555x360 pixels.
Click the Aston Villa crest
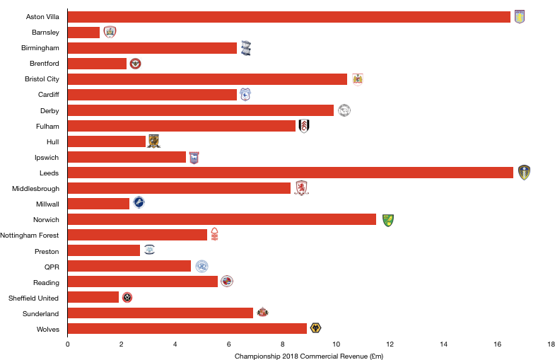point(520,17)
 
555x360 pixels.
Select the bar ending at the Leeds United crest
point(290,173)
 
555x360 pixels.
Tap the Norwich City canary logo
point(388,221)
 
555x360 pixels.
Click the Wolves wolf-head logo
point(315,328)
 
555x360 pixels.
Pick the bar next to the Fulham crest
point(181,126)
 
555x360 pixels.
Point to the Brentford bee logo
point(135,64)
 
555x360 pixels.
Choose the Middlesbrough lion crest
point(301,188)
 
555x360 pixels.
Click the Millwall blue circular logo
point(139,203)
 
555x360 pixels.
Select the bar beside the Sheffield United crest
point(93,297)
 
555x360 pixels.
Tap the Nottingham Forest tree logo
point(214,234)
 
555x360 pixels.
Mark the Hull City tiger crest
point(153,141)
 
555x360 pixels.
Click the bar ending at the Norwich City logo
point(222,219)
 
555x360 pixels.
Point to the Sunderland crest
point(262,312)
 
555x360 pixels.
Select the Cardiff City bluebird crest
point(245,95)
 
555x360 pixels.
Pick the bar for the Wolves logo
point(187,328)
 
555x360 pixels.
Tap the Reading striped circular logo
point(227,281)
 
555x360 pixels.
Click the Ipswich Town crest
point(194,158)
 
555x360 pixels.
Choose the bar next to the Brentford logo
point(97,64)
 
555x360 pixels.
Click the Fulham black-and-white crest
point(304,126)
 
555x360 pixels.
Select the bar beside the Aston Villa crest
point(288,17)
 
